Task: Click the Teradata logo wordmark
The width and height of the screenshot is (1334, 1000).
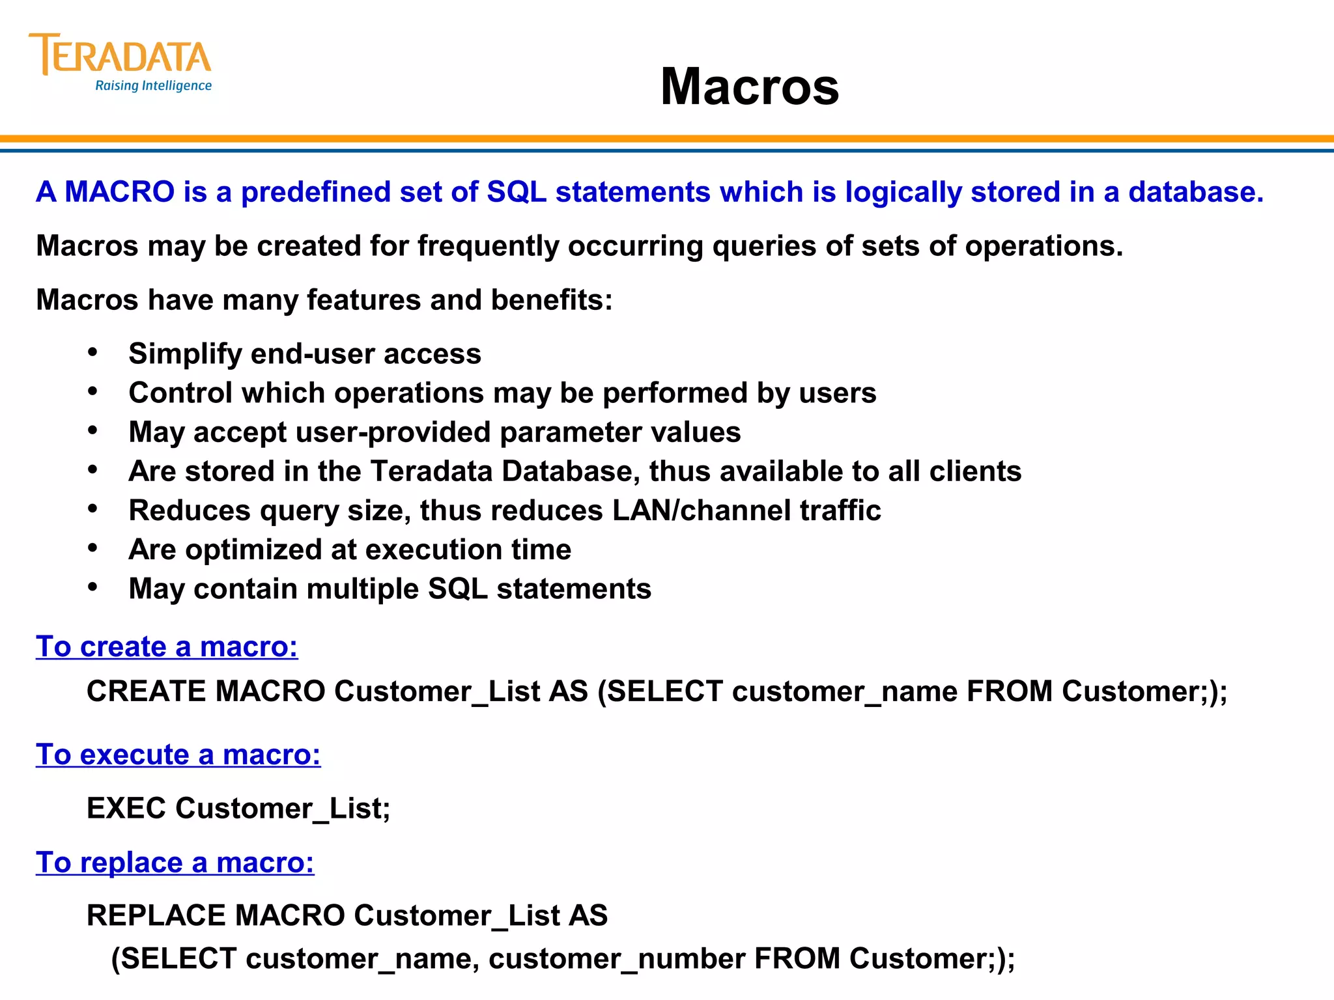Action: click(x=121, y=55)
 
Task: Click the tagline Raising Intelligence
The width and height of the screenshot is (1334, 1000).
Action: click(x=153, y=86)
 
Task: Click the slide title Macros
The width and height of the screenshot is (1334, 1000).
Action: click(x=750, y=87)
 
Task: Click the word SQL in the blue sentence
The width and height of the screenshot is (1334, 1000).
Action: click(x=517, y=192)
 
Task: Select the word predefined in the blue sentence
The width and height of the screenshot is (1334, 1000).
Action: click(x=315, y=192)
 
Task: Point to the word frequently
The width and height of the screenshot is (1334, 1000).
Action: click(x=488, y=247)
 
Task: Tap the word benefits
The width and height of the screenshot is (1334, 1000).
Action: click(x=551, y=300)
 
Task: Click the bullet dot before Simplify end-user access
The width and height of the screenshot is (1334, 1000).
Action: click(x=93, y=353)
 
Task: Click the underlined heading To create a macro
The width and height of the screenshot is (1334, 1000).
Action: click(x=167, y=647)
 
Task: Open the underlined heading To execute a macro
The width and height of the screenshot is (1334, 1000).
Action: click(x=178, y=755)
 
